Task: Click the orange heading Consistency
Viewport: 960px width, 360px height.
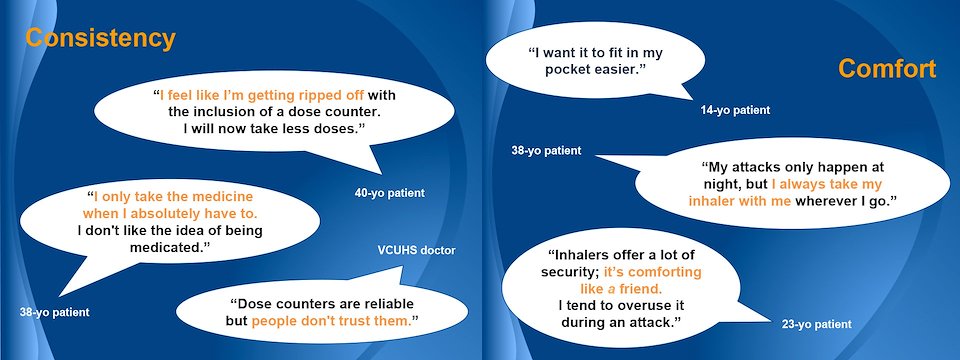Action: (x=100, y=39)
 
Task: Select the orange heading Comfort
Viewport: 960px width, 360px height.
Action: (x=887, y=69)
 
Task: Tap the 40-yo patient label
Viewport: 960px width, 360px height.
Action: (x=389, y=193)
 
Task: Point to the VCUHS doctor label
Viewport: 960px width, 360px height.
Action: (x=416, y=250)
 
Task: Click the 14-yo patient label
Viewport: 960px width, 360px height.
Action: (x=735, y=111)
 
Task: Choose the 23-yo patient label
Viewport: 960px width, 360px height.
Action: (x=817, y=324)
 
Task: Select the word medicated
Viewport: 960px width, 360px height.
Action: (x=168, y=247)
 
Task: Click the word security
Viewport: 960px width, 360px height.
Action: (x=571, y=272)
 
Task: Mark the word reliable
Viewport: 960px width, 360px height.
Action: (x=386, y=304)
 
